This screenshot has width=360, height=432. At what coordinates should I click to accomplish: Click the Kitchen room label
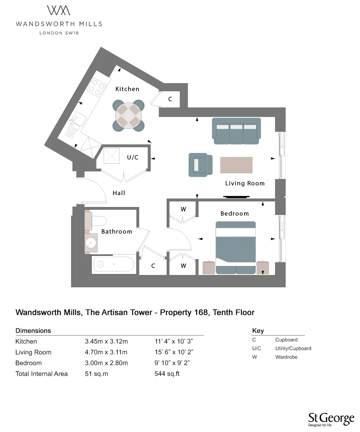point(127,89)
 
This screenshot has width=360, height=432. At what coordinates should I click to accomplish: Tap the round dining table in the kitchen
point(129,115)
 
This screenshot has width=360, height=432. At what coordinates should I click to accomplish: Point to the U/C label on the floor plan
point(132,158)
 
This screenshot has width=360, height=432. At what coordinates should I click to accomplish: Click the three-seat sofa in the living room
point(236,131)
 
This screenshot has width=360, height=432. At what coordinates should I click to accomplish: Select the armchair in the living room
point(200,165)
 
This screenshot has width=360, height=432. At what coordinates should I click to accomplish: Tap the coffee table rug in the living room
point(237,165)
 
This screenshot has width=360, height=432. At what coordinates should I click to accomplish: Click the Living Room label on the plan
point(245,183)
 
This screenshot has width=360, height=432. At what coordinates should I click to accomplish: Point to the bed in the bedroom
point(235,248)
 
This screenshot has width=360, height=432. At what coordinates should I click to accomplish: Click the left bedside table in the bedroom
point(209,268)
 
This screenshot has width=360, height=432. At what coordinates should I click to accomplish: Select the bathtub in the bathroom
point(114,265)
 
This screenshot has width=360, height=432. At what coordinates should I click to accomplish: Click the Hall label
point(119,193)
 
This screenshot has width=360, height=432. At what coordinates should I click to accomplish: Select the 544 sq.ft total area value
point(167,374)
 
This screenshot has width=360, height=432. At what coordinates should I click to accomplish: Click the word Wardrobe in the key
point(286,357)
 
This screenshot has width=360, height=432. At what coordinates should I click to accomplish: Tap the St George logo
point(331,419)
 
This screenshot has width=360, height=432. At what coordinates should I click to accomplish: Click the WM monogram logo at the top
point(59,10)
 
